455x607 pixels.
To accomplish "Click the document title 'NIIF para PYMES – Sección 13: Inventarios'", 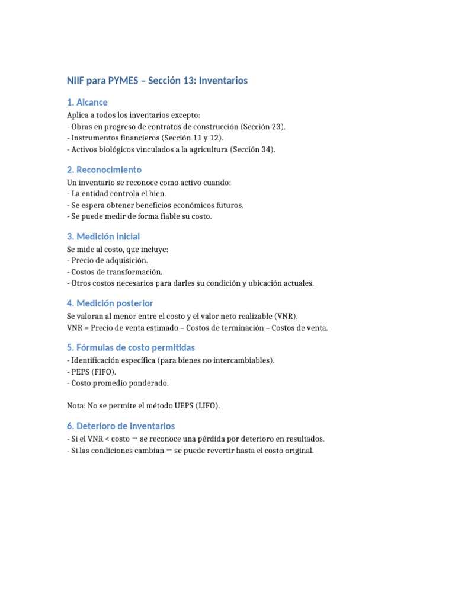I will point(157,81).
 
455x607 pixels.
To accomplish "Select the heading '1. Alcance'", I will point(87,103).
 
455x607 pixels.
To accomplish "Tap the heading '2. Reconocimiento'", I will point(104,170).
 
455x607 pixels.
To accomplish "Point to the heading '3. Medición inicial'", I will point(103,237).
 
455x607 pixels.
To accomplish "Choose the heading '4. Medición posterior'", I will point(110,303).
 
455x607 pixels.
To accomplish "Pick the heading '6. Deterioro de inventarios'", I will point(120,426).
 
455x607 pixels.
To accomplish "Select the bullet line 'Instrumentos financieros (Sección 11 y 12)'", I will point(145,138).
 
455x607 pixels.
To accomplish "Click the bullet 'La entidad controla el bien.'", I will point(118,193).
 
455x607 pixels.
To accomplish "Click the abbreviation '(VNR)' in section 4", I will point(286,316).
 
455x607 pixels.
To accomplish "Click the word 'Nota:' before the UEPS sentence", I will point(76,406).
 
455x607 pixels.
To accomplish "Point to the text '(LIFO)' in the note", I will point(207,406).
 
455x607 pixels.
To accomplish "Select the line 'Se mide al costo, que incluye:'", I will point(117,249).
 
